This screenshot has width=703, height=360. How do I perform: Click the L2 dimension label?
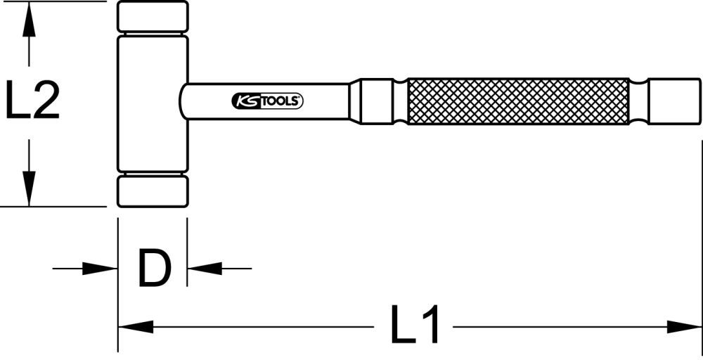pos(32,100)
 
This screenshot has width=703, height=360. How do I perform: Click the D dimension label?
pos(153,268)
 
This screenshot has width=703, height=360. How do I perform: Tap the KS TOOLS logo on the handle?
pos(267,102)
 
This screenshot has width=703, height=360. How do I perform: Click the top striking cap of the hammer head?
pos(153,16)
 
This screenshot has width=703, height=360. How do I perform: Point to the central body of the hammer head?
pos(153,103)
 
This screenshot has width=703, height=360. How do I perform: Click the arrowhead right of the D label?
pos(205,268)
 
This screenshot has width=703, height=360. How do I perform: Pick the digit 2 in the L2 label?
pos(45,100)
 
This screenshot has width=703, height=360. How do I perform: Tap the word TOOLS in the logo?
pos(282,102)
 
